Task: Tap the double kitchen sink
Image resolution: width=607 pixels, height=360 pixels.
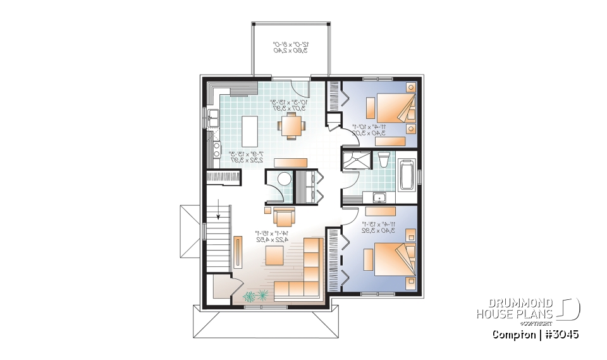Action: click(213, 118)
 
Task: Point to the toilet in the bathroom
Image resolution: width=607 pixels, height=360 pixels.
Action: click(384, 161)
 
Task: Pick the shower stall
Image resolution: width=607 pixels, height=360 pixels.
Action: click(355, 163)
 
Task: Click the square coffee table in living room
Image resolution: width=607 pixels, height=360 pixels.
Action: click(274, 255)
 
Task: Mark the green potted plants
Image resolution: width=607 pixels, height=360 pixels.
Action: click(255, 295)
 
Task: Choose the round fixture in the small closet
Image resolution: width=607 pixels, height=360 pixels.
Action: click(283, 179)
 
